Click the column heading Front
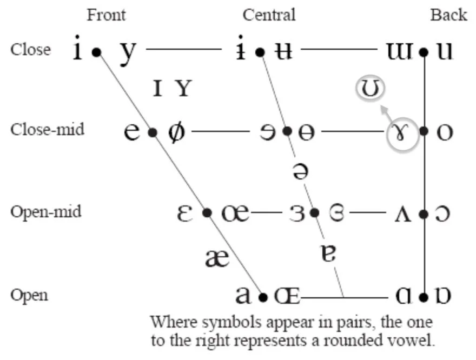point(106,15)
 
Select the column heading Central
point(269,15)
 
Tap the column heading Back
point(448,15)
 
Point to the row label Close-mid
point(47,130)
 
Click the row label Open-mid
point(45,211)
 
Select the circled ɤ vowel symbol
point(404,132)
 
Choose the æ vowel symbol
point(217,258)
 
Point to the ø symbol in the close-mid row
point(176,132)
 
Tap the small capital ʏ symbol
point(184,88)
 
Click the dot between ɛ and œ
point(207,213)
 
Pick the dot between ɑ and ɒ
point(424,297)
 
